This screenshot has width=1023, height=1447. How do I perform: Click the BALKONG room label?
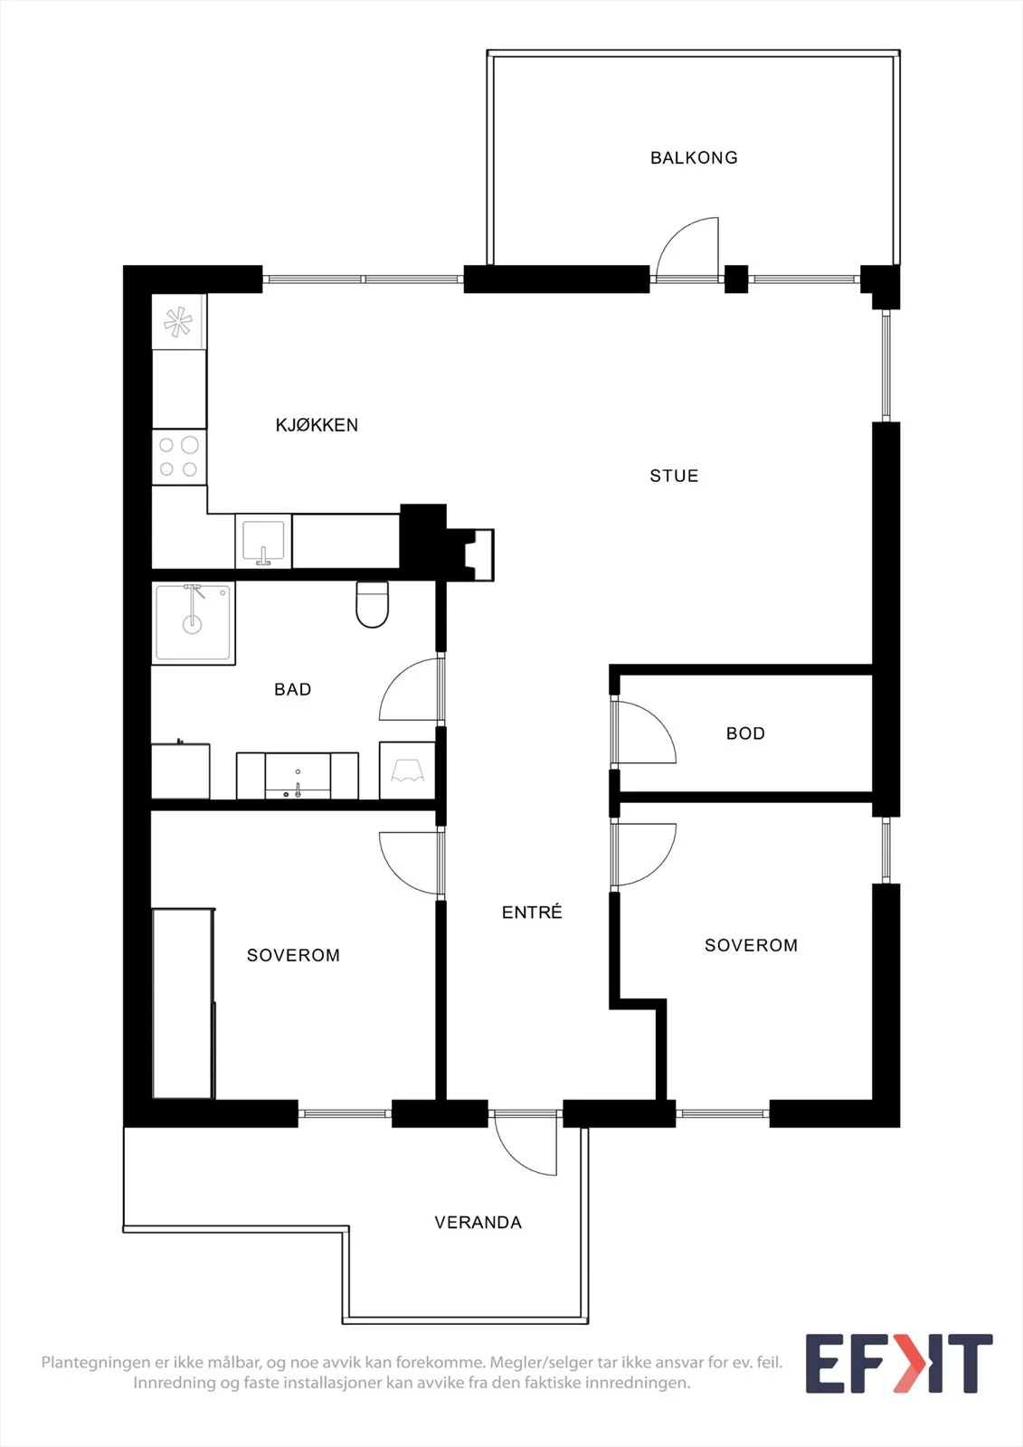pos(694,157)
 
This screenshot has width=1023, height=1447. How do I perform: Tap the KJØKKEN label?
pos(317,425)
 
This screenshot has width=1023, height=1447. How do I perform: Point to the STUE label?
pos(674,476)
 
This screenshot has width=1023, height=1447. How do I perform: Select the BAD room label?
pos(293,689)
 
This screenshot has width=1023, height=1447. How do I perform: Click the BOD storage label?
pos(745,733)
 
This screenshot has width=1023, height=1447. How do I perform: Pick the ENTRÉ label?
pos(532,913)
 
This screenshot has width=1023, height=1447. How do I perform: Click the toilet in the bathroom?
pos(373,604)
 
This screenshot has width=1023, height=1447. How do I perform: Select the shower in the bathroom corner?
pos(194,623)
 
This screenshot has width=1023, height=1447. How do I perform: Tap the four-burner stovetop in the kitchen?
pos(179,457)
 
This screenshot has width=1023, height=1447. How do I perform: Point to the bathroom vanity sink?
pos(298,775)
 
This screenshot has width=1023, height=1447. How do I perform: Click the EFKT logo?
pos(899,1364)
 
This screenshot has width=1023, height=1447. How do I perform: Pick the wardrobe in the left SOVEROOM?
pos(184,1003)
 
